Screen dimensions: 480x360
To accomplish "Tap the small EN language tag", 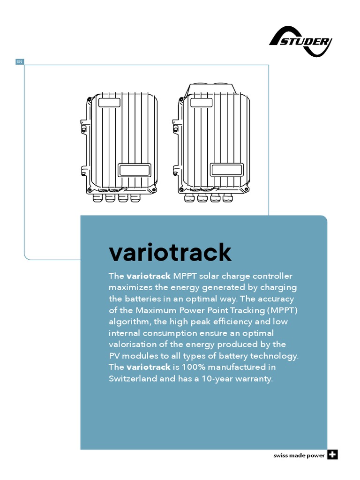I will pos(19,61).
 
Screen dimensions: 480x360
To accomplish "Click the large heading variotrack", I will pos(170,253).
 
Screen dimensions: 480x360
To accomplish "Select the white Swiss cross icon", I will pos(332,455).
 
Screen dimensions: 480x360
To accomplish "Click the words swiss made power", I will pos(299,456).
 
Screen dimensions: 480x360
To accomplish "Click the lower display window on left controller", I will pos(134,169).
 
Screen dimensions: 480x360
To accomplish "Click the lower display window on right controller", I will pos(227,169).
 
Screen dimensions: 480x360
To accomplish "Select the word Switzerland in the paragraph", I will pos(133,379).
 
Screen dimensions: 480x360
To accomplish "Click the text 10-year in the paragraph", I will pos(211,379).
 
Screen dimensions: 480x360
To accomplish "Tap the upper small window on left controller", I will pos(110,102).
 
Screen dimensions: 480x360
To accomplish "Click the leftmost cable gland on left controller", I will pos(98,198).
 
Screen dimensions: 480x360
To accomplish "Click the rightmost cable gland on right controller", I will pos(227,198).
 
